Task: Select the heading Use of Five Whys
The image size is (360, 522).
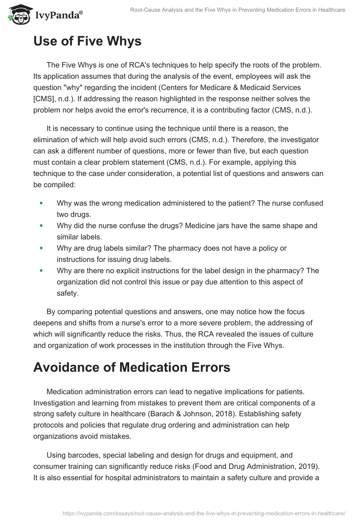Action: coord(87,41)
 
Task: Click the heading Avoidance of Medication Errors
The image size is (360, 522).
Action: coord(131,367)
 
